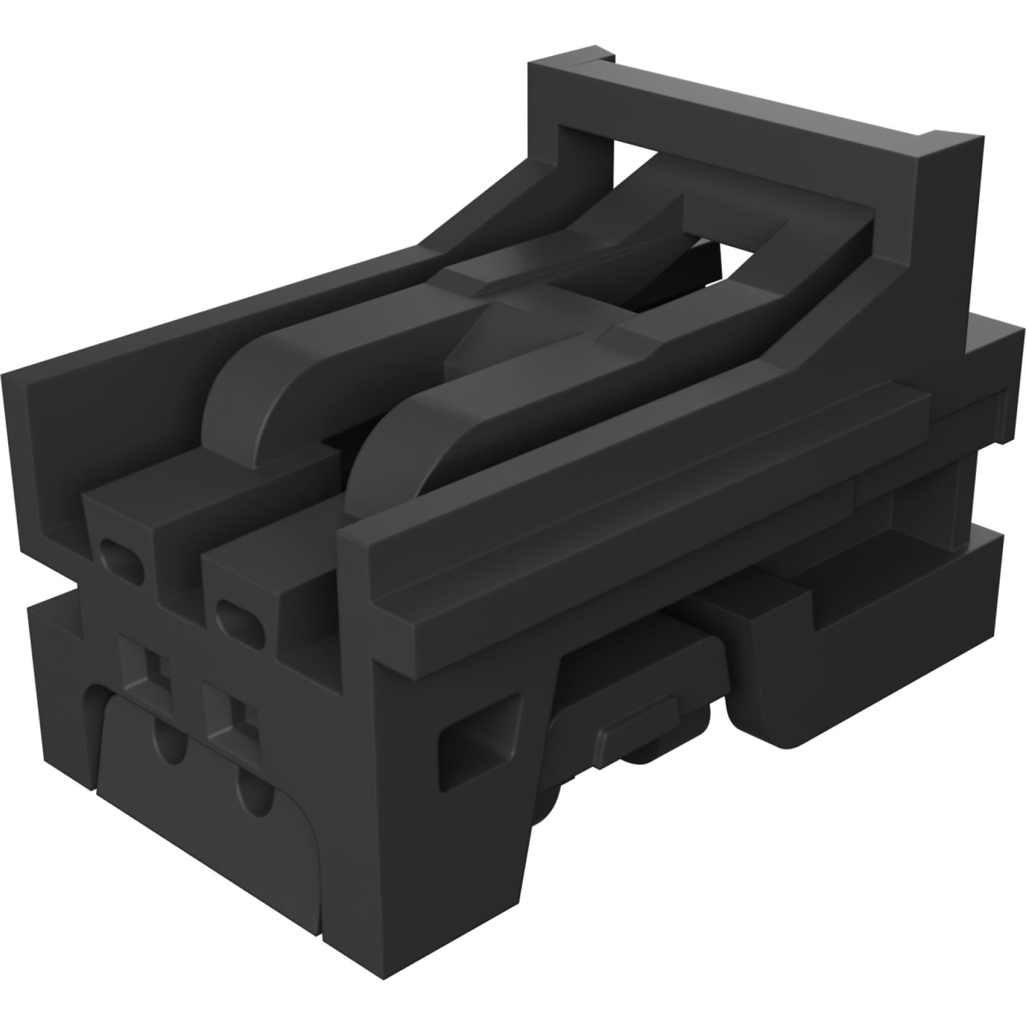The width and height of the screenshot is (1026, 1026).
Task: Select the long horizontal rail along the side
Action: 626,495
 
